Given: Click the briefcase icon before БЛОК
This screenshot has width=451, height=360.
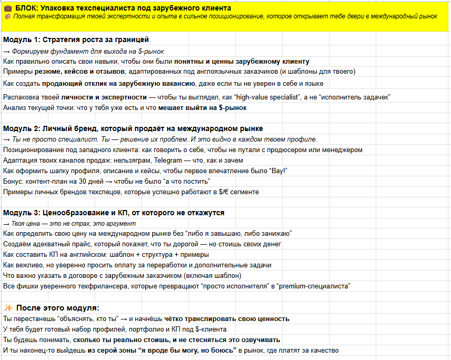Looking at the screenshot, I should click(x=8, y=8).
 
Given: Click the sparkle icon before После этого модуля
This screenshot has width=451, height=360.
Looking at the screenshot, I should click(x=8, y=308).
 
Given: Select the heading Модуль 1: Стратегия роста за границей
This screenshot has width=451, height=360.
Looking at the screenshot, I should click(x=76, y=39).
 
